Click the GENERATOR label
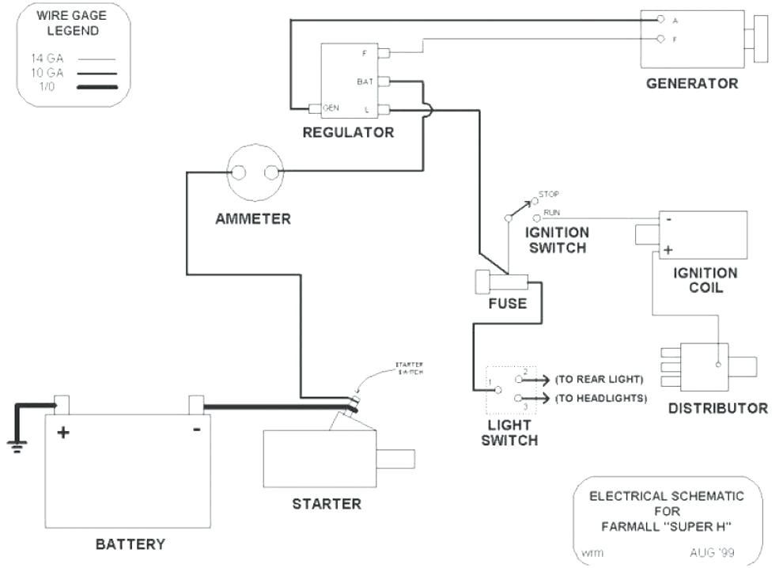tap(691, 83)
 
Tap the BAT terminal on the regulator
tap(384, 81)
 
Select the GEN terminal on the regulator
tap(314, 108)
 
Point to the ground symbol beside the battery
tap(17, 445)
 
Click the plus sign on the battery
tap(62, 432)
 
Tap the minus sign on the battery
tap(196, 430)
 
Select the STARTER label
tap(326, 504)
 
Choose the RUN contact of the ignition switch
tap(536, 217)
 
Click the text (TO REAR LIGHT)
tap(599, 379)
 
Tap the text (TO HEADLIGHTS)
tap(600, 398)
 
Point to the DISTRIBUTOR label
tap(717, 408)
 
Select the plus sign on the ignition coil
tap(667, 250)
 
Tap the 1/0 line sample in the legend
tap(96, 85)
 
